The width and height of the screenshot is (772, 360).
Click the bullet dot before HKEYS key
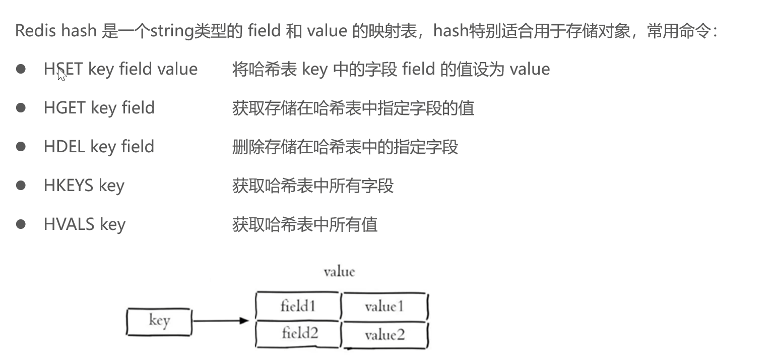(x=21, y=186)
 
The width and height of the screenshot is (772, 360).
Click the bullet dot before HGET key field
(x=21, y=108)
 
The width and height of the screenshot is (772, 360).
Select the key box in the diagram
(x=159, y=321)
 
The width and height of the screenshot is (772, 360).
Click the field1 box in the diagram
(x=298, y=306)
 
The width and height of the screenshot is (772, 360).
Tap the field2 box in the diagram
(x=300, y=333)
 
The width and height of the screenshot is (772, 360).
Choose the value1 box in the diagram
(x=384, y=307)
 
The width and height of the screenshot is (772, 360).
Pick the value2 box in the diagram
(x=385, y=335)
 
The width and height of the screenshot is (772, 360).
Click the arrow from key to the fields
(x=221, y=321)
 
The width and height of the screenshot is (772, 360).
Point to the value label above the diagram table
(x=339, y=272)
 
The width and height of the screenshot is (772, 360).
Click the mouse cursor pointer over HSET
(x=61, y=74)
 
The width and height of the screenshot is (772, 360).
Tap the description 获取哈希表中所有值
(x=305, y=224)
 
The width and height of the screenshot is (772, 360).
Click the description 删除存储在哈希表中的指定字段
(x=345, y=147)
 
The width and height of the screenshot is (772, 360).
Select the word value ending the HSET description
(x=530, y=69)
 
